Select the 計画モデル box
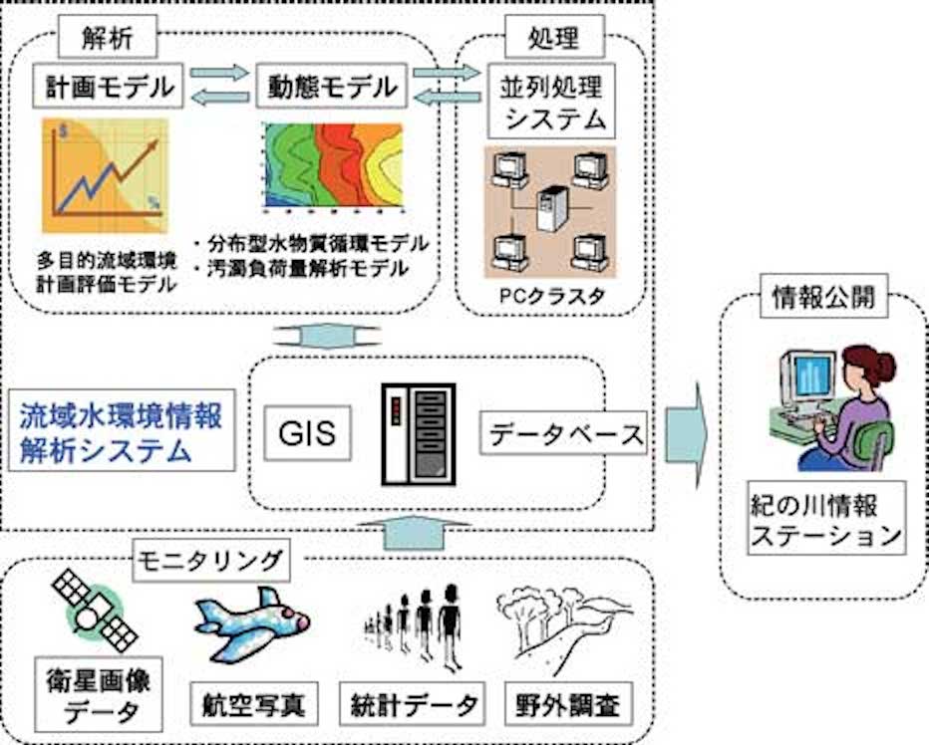[109, 88]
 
